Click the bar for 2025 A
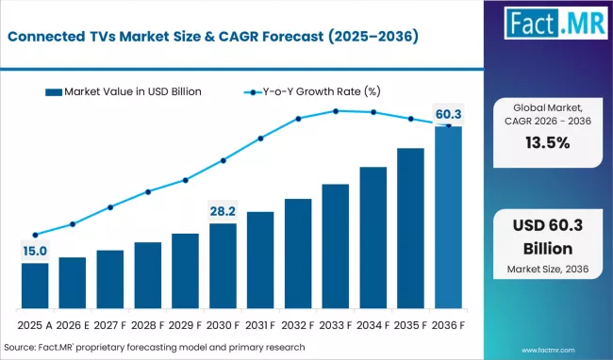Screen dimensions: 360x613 (x=35, y=286)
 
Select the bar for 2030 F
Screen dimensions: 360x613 (x=224, y=266)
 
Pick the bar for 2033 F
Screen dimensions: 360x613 (x=336, y=246)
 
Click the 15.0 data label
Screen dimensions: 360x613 (x=35, y=250)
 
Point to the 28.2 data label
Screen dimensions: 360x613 (x=224, y=210)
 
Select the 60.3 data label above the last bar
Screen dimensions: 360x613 (x=448, y=114)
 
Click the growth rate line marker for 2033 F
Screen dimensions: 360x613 (x=336, y=111)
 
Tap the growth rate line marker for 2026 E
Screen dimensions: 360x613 (x=73, y=224)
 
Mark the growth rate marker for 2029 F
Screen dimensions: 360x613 (x=186, y=180)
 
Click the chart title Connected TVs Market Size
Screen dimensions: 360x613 (x=216, y=37)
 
